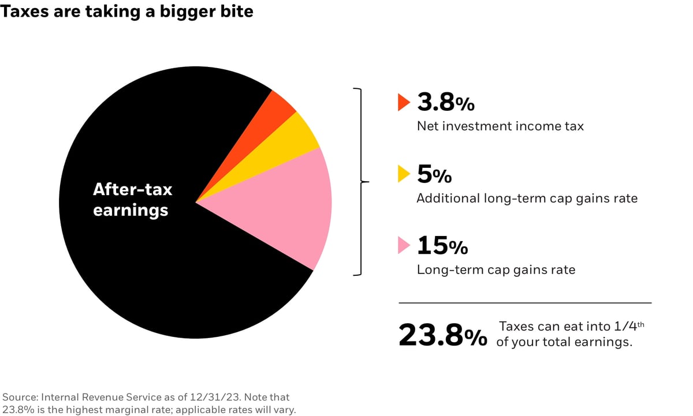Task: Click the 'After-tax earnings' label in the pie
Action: coord(132,199)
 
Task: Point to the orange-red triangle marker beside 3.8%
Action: coord(403,103)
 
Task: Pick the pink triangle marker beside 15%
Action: coord(403,246)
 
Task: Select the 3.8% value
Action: coord(445,103)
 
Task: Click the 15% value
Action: coord(442,246)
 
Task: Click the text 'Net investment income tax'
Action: coord(500,125)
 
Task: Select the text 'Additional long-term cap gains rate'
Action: coord(527,198)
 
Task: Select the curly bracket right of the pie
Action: coord(360,182)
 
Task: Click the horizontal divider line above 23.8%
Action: coord(525,302)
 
